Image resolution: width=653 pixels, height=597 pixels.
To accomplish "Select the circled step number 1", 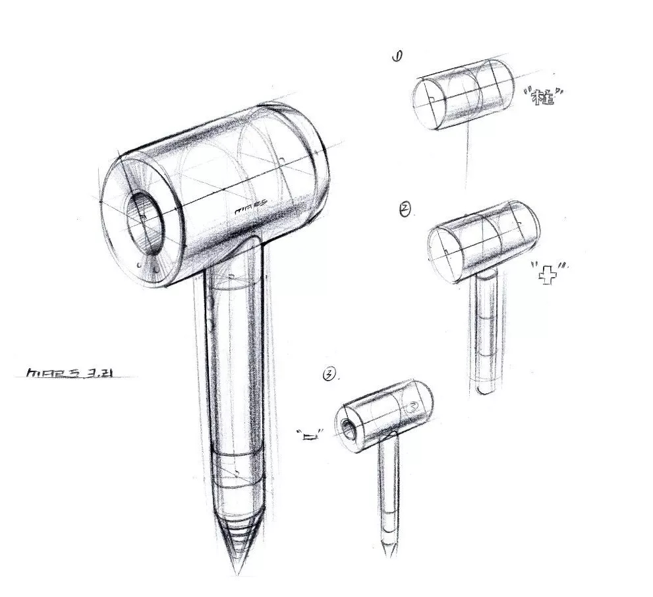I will pos(397,57).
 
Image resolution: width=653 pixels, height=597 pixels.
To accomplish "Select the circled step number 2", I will pos(405,210).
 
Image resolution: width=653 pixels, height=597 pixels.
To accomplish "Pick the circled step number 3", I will pos(328,375).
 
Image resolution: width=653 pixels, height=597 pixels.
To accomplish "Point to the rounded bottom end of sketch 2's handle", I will pos(486,391).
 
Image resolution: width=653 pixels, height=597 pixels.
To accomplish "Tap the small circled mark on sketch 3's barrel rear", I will pos(413,407).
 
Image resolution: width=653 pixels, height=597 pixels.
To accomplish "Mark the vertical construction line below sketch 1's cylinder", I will pos(467,155).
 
